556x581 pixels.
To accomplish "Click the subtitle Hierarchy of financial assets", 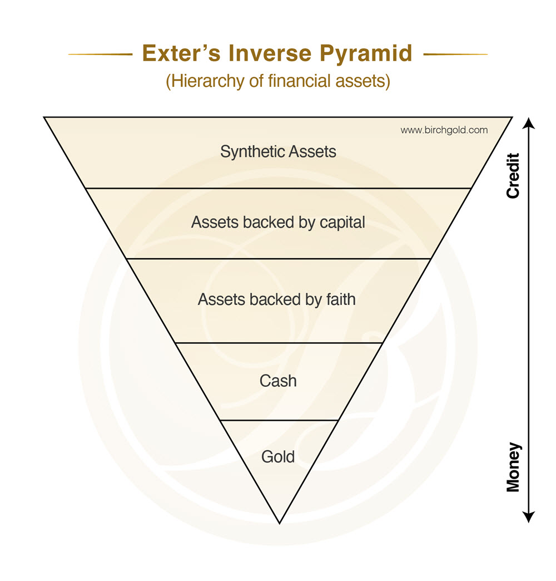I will click(278, 81).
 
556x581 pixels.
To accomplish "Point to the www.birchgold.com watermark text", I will click(444, 130).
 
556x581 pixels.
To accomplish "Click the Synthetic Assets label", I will click(278, 151).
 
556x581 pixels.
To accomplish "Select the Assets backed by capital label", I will click(278, 223).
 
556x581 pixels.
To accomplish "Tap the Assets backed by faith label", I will click(276, 299).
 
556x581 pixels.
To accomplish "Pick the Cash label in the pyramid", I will click(278, 381).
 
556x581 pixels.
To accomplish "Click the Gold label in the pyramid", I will click(278, 457).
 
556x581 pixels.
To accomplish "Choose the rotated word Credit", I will click(513, 175).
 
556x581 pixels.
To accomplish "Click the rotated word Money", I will click(513, 467).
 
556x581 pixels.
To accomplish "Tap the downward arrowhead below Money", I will click(529, 517).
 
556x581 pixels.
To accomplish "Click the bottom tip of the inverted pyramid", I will click(279, 522).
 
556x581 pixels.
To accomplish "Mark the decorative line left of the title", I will click(100, 54).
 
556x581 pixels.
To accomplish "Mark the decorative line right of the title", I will click(455, 54).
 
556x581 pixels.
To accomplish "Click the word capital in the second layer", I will click(342, 223).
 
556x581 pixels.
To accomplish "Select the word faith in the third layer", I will click(339, 299).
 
